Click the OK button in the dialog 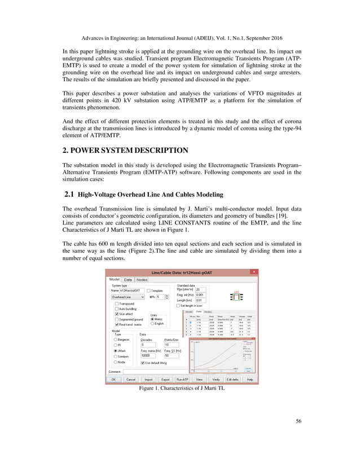(x=113, y=380)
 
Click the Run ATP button (x=182, y=380)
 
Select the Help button (x=249, y=380)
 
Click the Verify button (x=216, y=380)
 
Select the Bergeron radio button (x=116, y=340)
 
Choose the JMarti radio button (x=116, y=351)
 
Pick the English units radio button (x=152, y=324)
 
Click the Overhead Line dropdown (x=128, y=296)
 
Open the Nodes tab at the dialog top (x=142, y=279)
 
